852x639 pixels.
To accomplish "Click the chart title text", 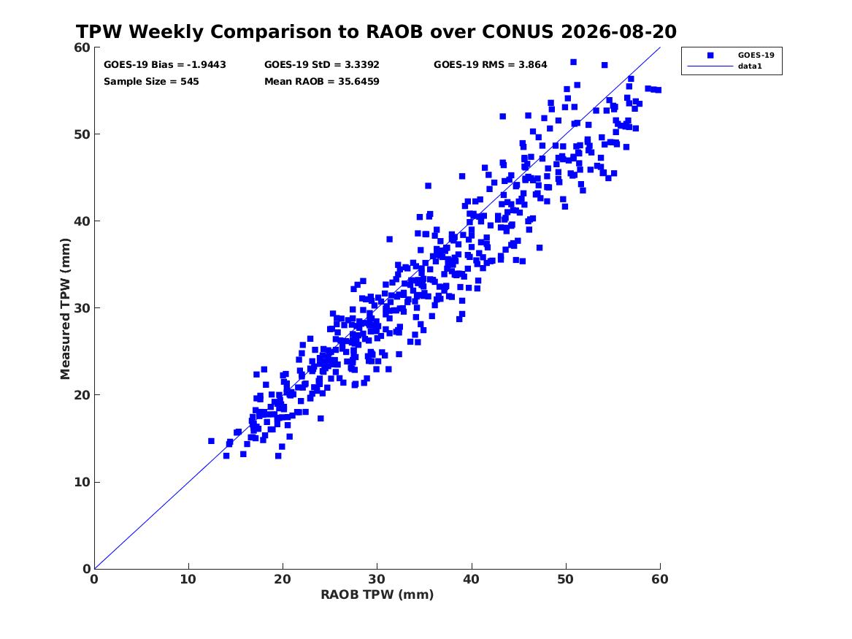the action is click(x=376, y=32).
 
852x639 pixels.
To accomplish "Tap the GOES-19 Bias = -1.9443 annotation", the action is click(x=165, y=65).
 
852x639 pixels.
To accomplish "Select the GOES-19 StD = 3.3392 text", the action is click(x=322, y=65).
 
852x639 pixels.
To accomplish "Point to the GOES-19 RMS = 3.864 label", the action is click(x=490, y=65).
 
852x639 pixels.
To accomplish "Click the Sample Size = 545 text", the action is click(x=151, y=82).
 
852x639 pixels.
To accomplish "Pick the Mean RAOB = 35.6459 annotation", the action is click(x=322, y=82).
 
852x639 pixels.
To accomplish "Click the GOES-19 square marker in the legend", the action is click(x=710, y=55).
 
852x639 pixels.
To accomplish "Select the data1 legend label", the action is click(x=750, y=66).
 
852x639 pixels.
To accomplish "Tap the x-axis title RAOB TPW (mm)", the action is click(x=377, y=594).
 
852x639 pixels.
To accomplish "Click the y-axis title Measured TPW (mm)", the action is click(x=65, y=309).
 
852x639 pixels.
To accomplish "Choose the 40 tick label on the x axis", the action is click(x=471, y=579).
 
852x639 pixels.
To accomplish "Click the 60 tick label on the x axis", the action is click(x=660, y=579).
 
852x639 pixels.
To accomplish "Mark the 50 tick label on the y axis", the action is click(x=82, y=134).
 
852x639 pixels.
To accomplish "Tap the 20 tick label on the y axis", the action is click(x=82, y=395).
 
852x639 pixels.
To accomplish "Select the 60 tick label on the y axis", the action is click(x=82, y=47).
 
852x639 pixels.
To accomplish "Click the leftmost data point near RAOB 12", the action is click(x=212, y=441).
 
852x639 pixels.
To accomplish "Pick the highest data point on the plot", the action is click(x=573, y=62).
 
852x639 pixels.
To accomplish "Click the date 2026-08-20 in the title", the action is click(x=618, y=32).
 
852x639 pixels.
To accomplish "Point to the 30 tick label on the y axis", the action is click(x=82, y=308).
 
